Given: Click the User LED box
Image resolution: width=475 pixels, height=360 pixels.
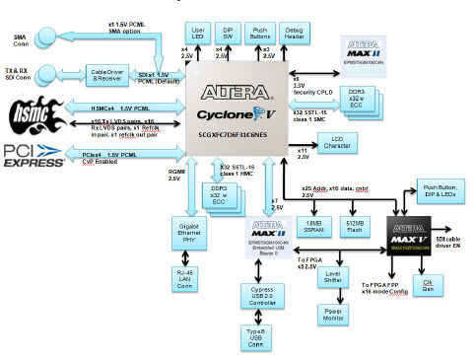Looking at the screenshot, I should [198, 33].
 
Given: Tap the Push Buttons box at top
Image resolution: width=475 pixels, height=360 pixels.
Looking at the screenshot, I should [262, 33].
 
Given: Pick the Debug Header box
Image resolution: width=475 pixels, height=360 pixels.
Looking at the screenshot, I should [295, 33].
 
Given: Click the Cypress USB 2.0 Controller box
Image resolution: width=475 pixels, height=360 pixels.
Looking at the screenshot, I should [259, 295].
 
